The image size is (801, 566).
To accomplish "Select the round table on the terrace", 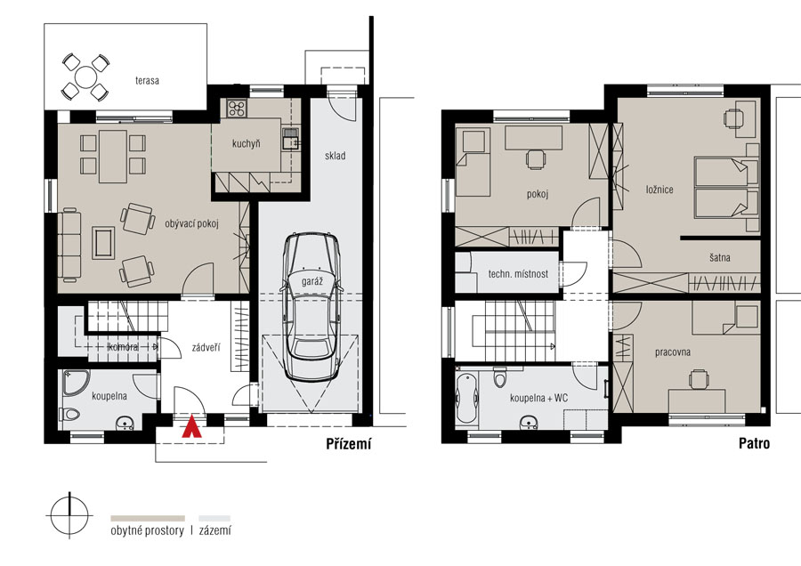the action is pyautogui.click(x=85, y=77).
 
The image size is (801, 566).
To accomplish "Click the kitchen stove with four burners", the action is pyautogui.click(x=237, y=108).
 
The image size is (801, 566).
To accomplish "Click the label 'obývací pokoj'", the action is pyautogui.click(x=191, y=223).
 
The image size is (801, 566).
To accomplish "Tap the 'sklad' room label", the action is pyautogui.click(x=336, y=156).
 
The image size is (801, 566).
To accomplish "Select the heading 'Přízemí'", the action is pyautogui.click(x=349, y=444).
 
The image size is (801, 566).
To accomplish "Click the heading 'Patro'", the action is pyautogui.click(x=754, y=443).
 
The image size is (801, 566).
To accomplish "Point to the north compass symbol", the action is pyautogui.click(x=69, y=515).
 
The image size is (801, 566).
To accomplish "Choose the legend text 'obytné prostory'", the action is pyautogui.click(x=147, y=530).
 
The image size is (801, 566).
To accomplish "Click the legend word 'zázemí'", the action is pyautogui.click(x=215, y=530).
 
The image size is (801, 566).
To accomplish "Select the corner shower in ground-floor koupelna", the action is pyautogui.click(x=77, y=383).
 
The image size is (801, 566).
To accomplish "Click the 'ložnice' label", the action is pyautogui.click(x=659, y=190).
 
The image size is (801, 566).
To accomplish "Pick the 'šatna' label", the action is pyautogui.click(x=720, y=257).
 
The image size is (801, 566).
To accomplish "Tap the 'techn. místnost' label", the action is pyautogui.click(x=518, y=274).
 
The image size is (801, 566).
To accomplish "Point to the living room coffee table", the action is pyautogui.click(x=104, y=243).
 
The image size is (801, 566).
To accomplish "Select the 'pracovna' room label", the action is pyautogui.click(x=673, y=352).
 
